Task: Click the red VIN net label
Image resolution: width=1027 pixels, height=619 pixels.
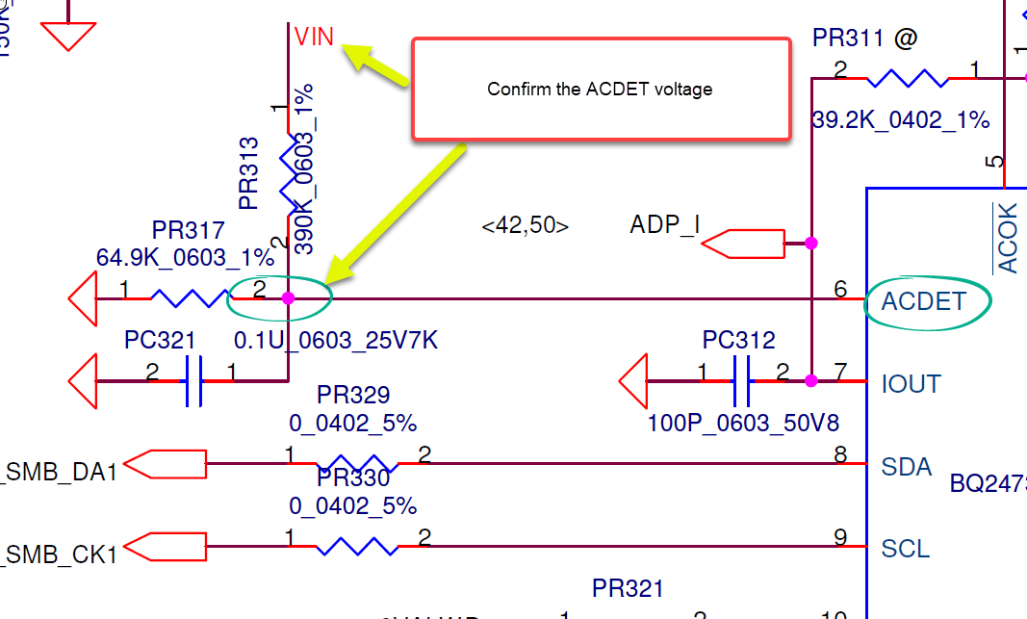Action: click(314, 38)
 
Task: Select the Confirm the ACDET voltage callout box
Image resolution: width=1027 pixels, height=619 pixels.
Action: click(602, 90)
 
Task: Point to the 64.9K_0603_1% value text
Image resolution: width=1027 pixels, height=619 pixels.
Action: click(185, 257)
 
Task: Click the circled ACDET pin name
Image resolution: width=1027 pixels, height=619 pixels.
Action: click(923, 302)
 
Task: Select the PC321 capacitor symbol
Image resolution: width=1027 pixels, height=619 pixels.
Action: click(193, 381)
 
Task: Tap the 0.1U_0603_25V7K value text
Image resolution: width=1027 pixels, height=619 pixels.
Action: click(337, 342)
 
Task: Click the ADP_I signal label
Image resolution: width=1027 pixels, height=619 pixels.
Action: click(664, 225)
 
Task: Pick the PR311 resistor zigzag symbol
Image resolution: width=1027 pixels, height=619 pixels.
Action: click(907, 78)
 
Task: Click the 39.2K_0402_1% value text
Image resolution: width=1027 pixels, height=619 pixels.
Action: click(901, 119)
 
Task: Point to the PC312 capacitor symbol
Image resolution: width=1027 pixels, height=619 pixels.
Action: click(742, 381)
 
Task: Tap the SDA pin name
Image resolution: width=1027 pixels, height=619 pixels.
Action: click(906, 468)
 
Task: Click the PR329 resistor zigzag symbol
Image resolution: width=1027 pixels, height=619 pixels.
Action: click(357, 463)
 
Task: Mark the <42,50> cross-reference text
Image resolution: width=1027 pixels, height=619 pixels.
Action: click(525, 226)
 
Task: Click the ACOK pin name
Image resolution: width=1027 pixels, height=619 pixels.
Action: click(1008, 238)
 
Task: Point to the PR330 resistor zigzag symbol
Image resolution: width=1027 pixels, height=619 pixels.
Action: click(357, 547)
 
